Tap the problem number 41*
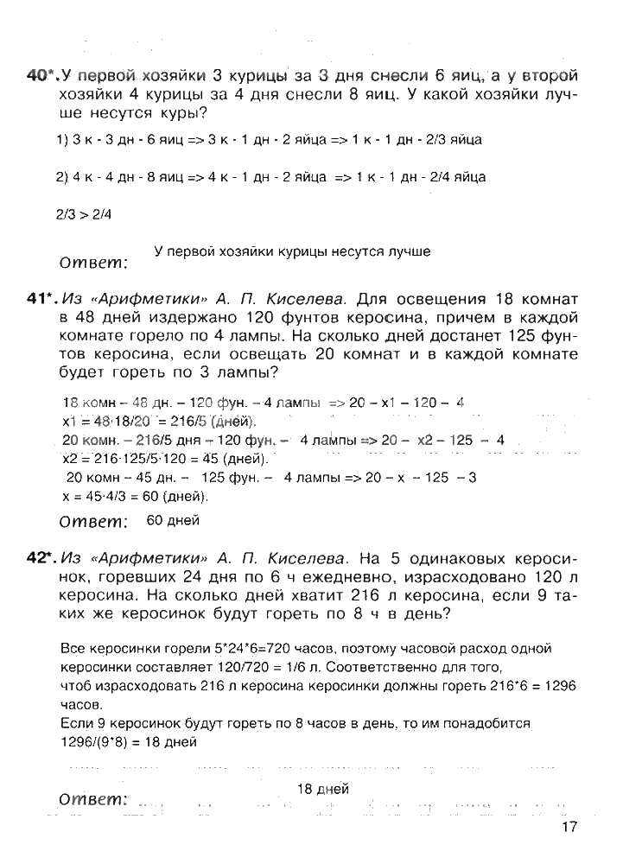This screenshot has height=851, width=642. pyautogui.click(x=41, y=299)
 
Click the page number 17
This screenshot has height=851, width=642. pyautogui.click(x=568, y=826)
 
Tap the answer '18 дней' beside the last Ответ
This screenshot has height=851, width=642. pyautogui.click(x=322, y=789)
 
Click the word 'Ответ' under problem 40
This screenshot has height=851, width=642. pyautogui.click(x=92, y=262)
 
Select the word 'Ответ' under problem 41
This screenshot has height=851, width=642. pyautogui.click(x=92, y=522)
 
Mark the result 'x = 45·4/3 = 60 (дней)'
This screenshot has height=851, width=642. pyautogui.click(x=136, y=497)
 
